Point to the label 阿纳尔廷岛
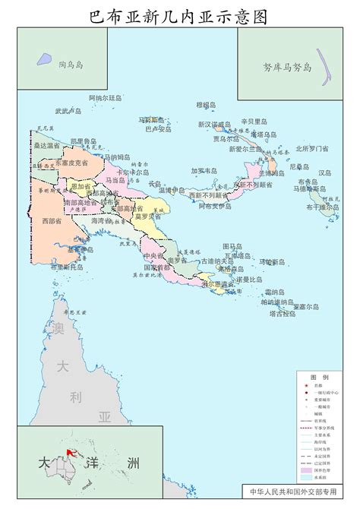click(x=106, y=98)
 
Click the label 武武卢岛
click(x=68, y=111)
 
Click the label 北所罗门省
click(x=312, y=148)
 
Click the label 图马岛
click(x=232, y=246)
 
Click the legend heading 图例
click(x=319, y=377)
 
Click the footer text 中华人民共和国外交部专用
click(x=297, y=492)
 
